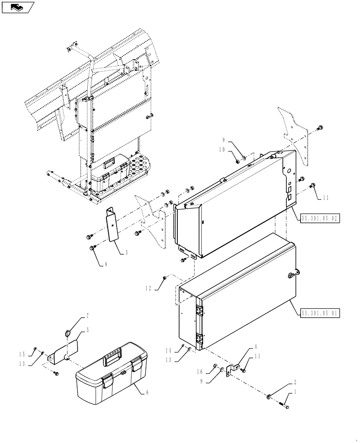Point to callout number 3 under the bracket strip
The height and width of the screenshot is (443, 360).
point(126,253)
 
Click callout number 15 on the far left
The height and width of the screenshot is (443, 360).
point(21,354)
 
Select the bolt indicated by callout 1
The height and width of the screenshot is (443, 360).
point(285,404)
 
